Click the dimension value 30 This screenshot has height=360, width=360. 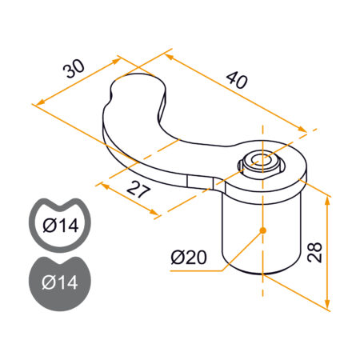pos(74,70)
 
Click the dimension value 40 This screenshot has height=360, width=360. pos(237,80)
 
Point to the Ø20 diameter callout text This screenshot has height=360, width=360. pos(189,258)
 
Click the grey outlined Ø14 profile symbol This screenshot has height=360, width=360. pos(60,225)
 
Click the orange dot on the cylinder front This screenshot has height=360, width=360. pos(262,231)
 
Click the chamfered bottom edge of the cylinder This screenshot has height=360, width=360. pos(262,273)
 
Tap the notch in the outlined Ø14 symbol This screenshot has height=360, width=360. pos(60,202)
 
